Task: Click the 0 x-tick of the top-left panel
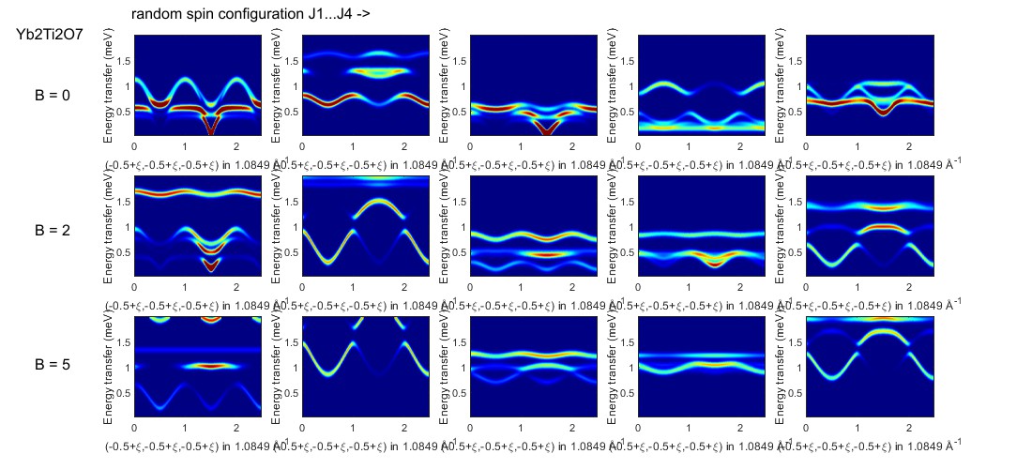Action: pyautogui.click(x=134, y=146)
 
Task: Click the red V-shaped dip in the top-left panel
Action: pyautogui.click(x=211, y=124)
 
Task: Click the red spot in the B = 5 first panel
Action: pyautogui.click(x=211, y=366)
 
